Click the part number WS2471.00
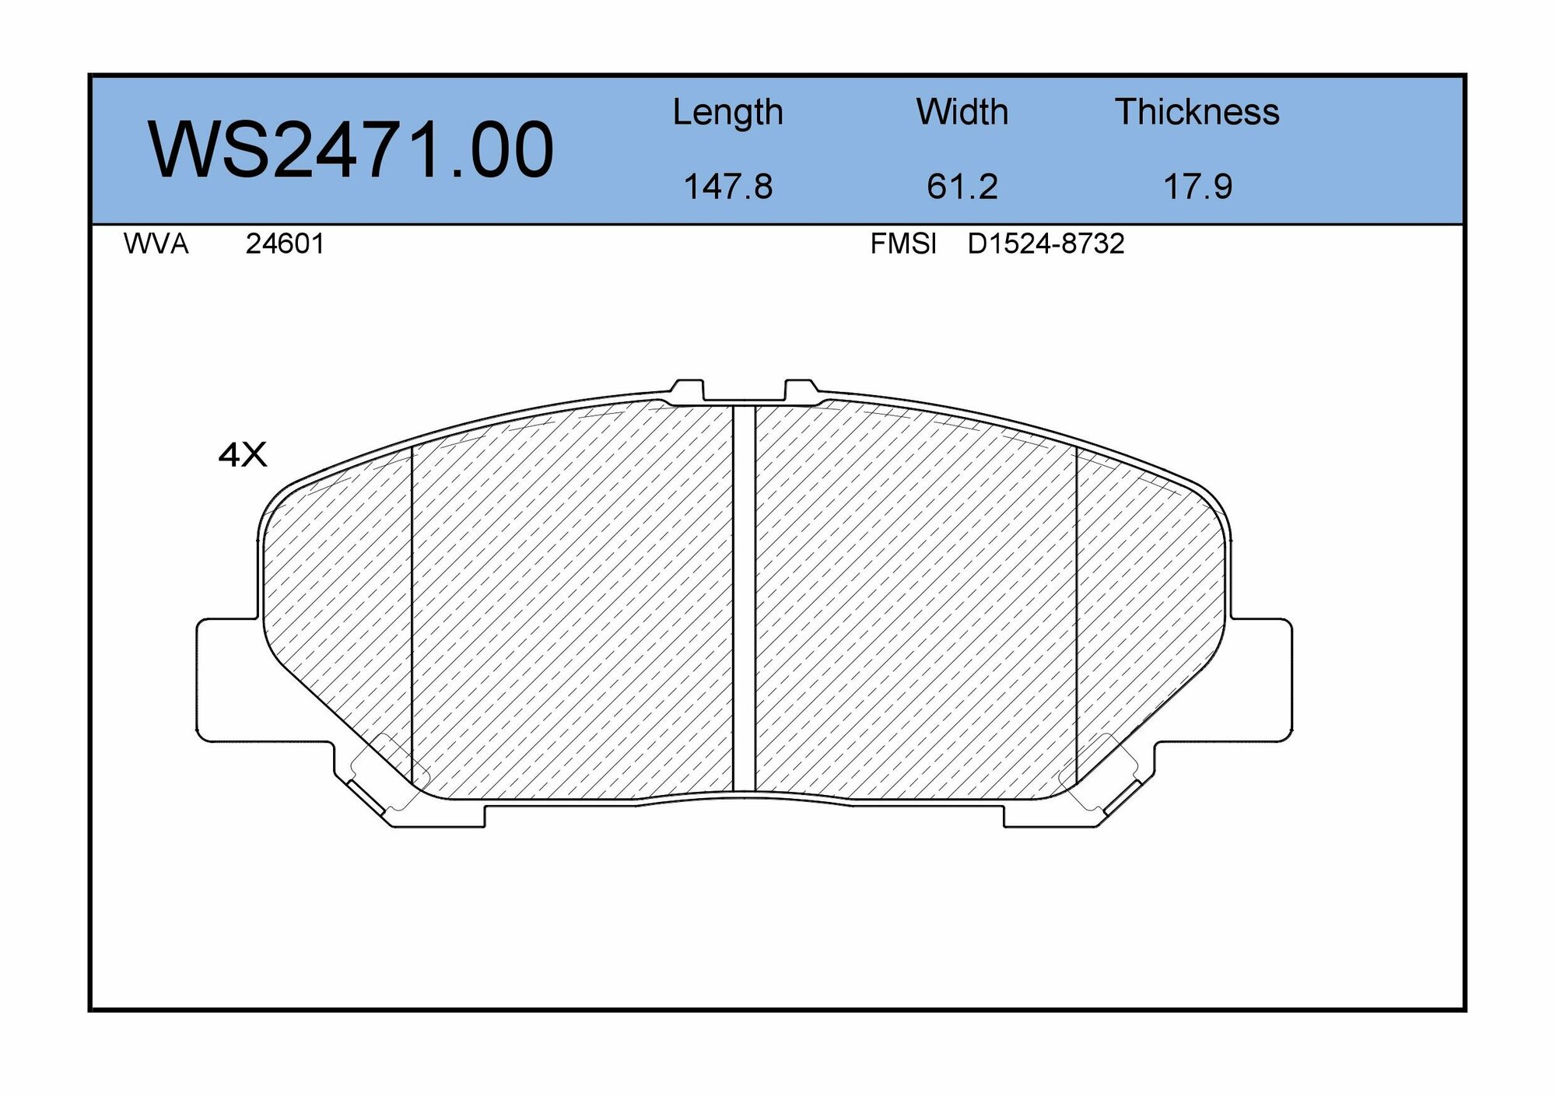(351, 150)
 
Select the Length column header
(727, 113)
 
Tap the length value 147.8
(727, 187)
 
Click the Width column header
(962, 113)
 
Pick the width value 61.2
(962, 187)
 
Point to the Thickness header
(1197, 113)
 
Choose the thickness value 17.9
(1197, 187)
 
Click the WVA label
(156, 244)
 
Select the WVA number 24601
(285, 244)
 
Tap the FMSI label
(903, 244)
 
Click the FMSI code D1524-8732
(1046, 244)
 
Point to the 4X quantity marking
(243, 455)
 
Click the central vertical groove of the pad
(744, 599)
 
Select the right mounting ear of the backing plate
(1260, 679)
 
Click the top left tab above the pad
(687, 390)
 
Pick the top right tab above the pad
(801, 390)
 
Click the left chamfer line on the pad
(411, 615)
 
